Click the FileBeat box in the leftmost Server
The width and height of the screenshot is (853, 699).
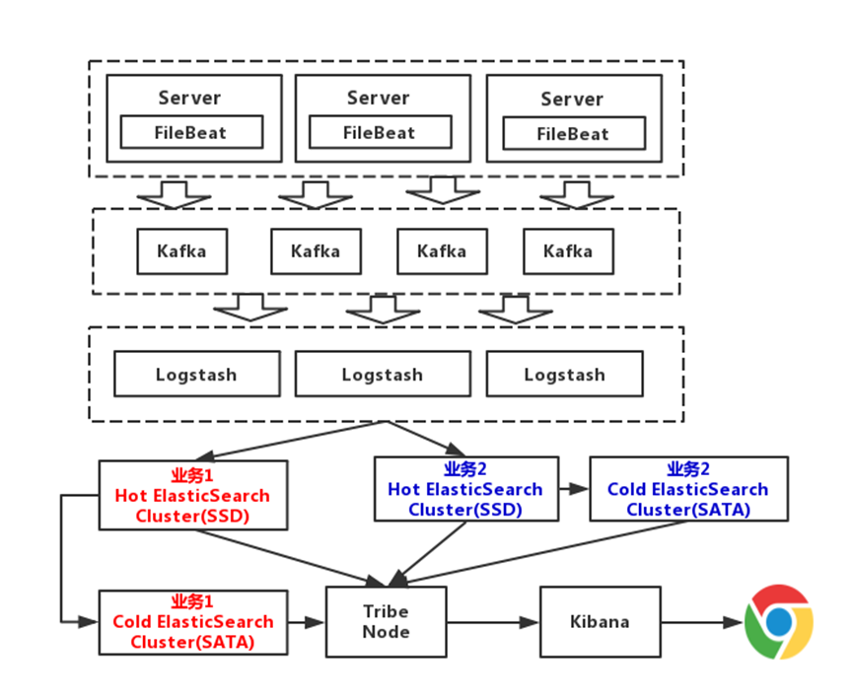coord(191,132)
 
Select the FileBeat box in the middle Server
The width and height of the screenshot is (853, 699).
coord(381,132)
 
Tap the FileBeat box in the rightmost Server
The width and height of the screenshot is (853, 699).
coord(574,133)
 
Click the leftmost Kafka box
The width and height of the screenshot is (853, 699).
coord(182,251)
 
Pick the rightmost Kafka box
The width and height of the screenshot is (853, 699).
coord(568,251)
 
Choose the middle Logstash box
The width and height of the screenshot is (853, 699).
coord(383,374)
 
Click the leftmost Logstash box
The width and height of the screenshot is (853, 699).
coord(197,374)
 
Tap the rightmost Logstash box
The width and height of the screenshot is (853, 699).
coord(565,374)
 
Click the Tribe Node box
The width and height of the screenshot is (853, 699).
coord(387,622)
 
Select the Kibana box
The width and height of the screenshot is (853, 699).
coord(600,622)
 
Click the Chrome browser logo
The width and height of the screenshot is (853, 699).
coord(778,622)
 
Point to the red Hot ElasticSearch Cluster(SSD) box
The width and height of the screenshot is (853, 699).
coord(193,495)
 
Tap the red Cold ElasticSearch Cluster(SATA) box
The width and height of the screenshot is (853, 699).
coord(193,622)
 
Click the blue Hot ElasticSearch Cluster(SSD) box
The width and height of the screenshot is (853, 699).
coord(466,488)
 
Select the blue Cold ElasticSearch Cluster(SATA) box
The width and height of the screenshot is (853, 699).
coord(688,488)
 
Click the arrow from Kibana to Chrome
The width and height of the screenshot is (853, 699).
coord(702,622)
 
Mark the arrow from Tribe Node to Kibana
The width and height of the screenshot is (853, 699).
coord(493,622)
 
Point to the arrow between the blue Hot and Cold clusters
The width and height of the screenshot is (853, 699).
coord(575,488)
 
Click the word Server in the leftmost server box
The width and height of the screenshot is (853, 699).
coord(190,98)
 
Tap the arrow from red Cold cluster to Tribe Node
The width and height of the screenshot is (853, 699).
coord(307,622)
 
